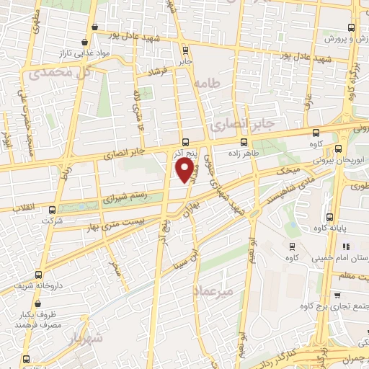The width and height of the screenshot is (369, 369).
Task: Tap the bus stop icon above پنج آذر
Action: pyautogui.click(x=186, y=141)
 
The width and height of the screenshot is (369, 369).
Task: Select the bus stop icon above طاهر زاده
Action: pyautogui.click(x=244, y=141)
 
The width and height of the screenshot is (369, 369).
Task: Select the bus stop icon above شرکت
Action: pyautogui.click(x=50, y=211)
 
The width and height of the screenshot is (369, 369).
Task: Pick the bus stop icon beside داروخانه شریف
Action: pyautogui.click(x=38, y=274)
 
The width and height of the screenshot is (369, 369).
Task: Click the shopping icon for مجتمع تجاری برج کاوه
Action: pyautogui.click(x=339, y=295)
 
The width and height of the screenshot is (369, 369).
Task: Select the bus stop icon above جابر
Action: pyautogui.click(x=187, y=50)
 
